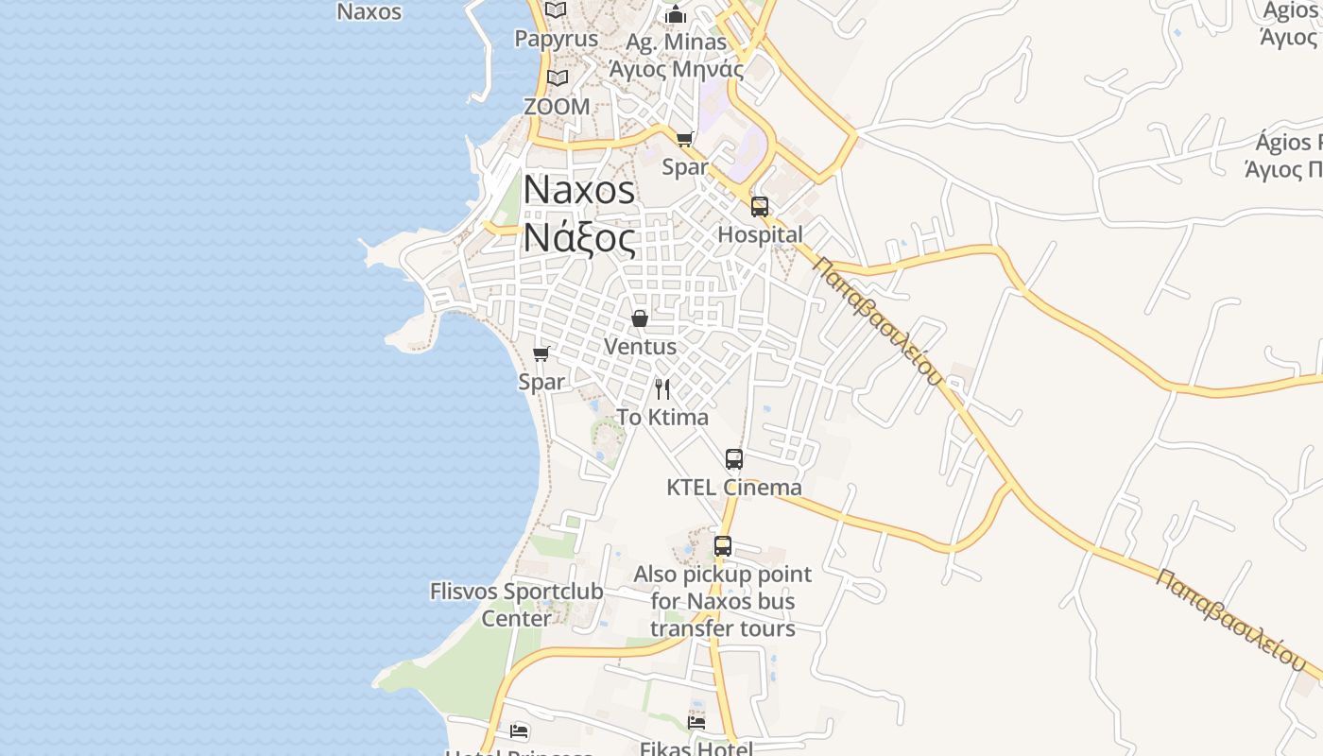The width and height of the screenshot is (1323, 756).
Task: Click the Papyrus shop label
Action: [x=556, y=39]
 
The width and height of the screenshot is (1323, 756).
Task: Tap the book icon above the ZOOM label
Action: [x=557, y=77]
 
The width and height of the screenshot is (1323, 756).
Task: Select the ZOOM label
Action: [x=557, y=107]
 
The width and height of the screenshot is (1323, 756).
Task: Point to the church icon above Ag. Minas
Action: [x=675, y=14]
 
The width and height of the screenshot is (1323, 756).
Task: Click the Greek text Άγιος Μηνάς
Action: [x=676, y=68]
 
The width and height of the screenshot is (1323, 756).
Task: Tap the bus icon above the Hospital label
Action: [x=760, y=207]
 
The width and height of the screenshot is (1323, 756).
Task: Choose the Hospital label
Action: [x=761, y=234]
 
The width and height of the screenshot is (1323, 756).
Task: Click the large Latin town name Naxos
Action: [x=579, y=190]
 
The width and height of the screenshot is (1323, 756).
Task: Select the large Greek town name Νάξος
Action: [x=579, y=238]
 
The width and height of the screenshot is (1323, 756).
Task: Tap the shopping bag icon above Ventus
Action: [x=640, y=318]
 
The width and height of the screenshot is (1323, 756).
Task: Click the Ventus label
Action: [x=640, y=347]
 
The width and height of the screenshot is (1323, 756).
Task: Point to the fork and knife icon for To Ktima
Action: [x=662, y=388]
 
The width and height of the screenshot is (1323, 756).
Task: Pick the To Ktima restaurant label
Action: [x=662, y=417]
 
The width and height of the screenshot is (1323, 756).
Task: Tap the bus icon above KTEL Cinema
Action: [x=734, y=459]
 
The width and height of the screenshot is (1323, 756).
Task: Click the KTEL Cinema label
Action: [x=734, y=488]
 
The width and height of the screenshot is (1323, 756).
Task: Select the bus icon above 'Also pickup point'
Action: [x=723, y=546]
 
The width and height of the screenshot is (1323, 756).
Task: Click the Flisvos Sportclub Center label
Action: [x=516, y=605]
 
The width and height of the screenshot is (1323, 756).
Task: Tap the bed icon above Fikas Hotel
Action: [x=696, y=722]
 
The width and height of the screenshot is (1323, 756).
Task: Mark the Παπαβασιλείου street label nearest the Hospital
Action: [x=878, y=321]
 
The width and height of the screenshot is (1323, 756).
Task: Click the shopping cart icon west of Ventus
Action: [x=541, y=353]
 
